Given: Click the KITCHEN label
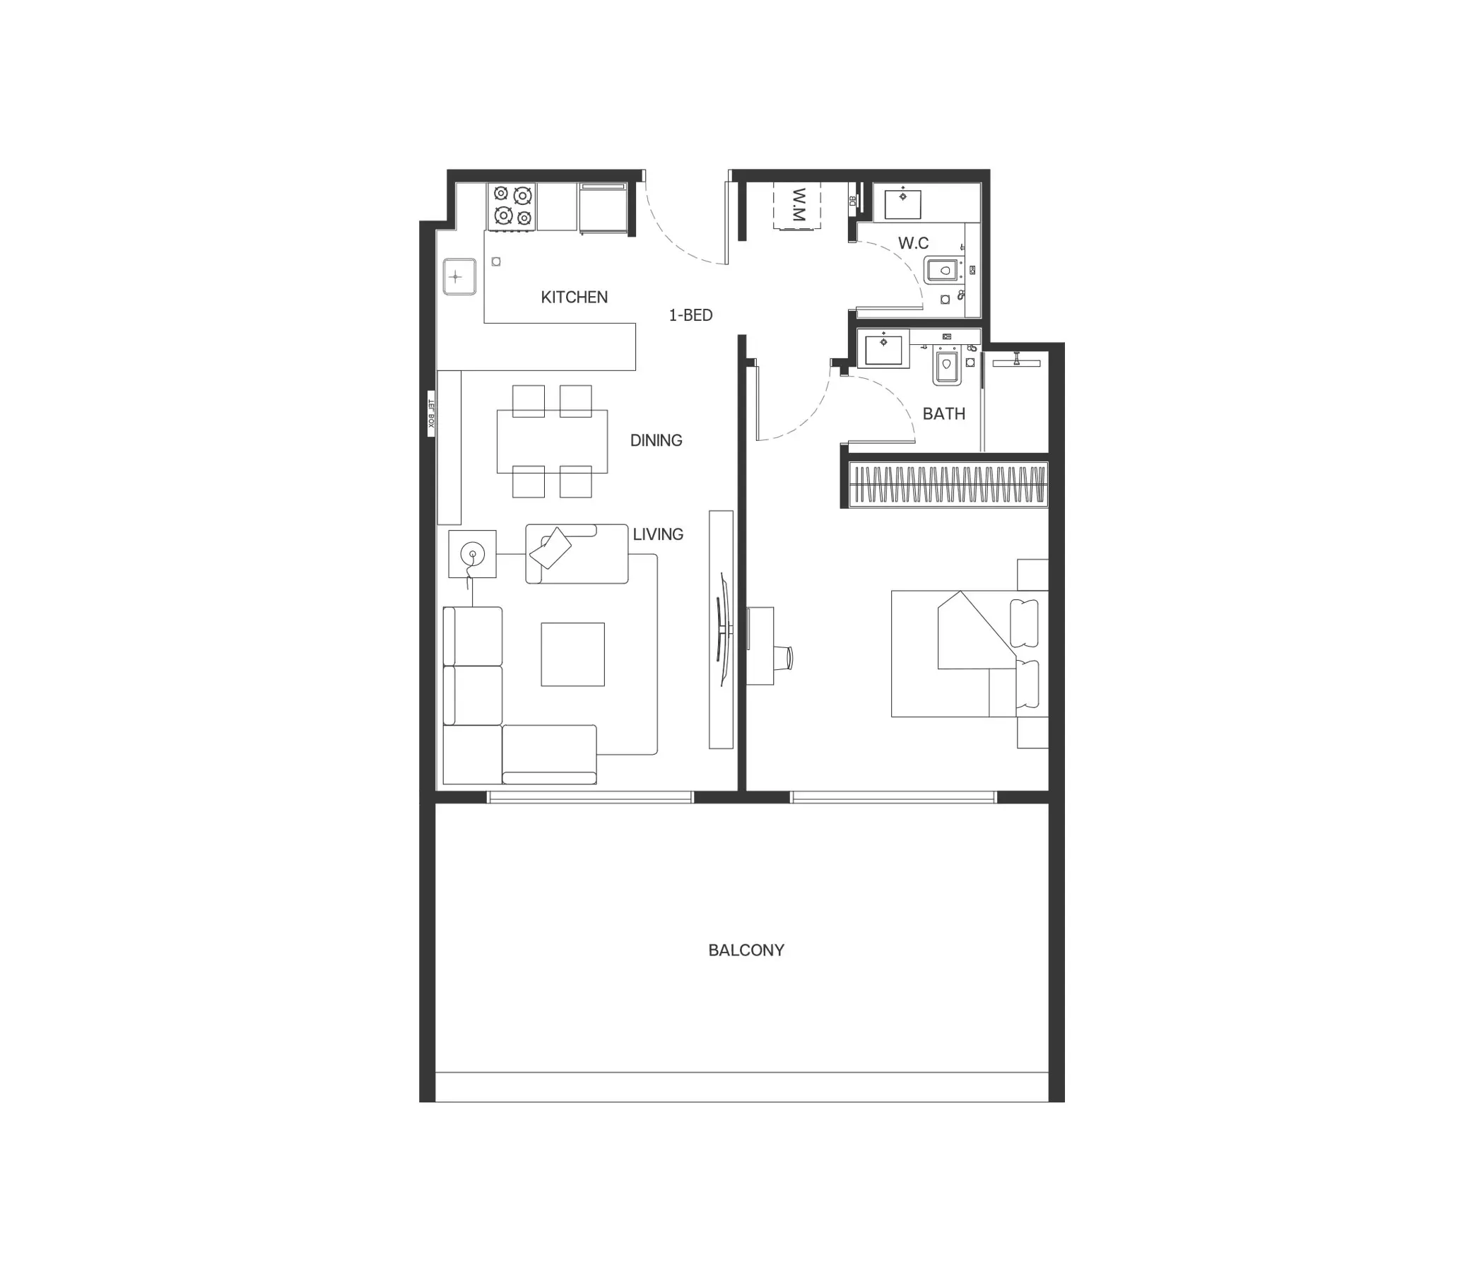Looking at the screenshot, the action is (x=574, y=298).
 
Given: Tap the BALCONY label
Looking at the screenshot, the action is (x=746, y=950).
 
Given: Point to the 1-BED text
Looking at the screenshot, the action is (x=690, y=315).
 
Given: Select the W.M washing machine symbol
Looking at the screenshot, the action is (x=796, y=207).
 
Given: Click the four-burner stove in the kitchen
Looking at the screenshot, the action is (x=512, y=206).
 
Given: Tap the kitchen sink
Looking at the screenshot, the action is (x=459, y=276).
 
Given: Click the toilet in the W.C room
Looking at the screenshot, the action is (x=944, y=271).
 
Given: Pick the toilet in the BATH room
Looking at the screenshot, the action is (x=947, y=367).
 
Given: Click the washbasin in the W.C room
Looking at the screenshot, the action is (x=902, y=203).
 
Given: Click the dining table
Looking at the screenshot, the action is (x=552, y=441).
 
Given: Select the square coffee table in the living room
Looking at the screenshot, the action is (x=573, y=654).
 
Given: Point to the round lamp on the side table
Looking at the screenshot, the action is (x=472, y=553).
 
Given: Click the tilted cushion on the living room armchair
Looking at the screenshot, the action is (x=550, y=548).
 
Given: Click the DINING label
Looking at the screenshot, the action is (x=656, y=440).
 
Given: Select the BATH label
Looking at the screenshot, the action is (x=944, y=414).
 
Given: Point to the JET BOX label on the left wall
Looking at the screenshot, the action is (x=431, y=413).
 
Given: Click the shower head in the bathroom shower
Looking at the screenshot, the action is (x=1016, y=361).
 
